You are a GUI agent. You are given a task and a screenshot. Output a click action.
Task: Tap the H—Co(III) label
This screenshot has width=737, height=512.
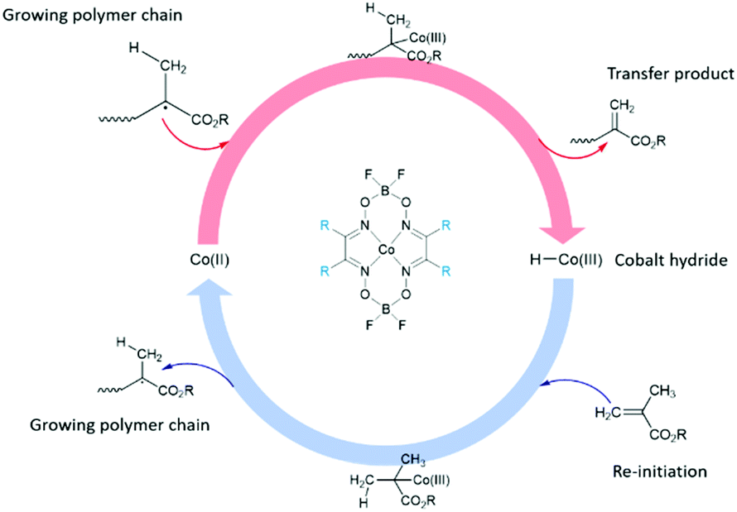(x=562, y=260)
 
